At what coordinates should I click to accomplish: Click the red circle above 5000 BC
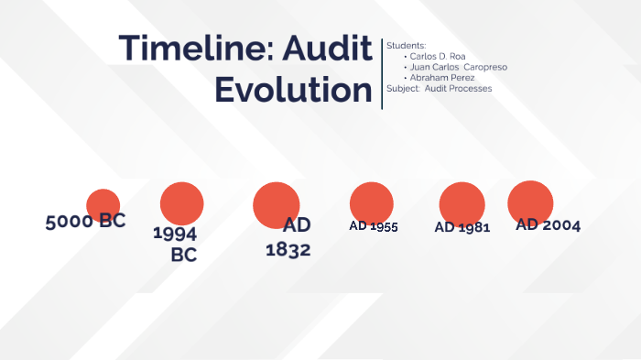(x=103, y=205)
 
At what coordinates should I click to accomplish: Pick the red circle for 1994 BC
(x=181, y=203)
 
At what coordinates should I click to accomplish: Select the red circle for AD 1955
(x=372, y=203)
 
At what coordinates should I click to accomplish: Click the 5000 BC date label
(x=85, y=221)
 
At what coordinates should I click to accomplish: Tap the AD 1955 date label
(x=374, y=226)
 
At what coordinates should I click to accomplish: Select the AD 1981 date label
(x=462, y=227)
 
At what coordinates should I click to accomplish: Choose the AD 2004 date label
(x=549, y=224)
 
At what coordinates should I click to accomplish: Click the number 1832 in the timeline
(x=288, y=249)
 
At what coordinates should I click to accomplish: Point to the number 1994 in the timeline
(x=175, y=234)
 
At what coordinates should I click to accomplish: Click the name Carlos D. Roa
(x=438, y=56)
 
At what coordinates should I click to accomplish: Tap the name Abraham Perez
(x=442, y=78)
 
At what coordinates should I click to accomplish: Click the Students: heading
(x=406, y=45)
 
